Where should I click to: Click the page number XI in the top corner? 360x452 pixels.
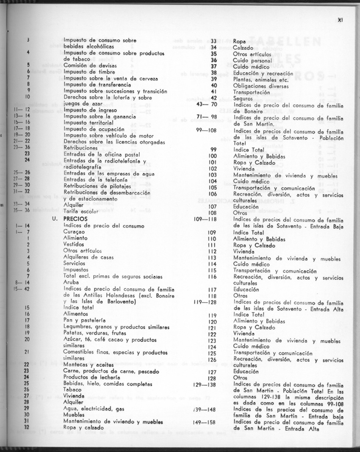[340, 19]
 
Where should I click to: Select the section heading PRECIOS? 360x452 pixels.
[75, 219]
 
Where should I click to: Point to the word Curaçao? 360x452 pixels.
[74, 232]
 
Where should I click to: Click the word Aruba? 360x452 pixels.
[71, 282]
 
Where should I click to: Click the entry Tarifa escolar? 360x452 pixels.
[80, 210]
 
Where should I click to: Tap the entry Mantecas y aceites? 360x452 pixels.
[84, 365]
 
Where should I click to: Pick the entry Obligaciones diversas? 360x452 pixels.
[258, 86]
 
